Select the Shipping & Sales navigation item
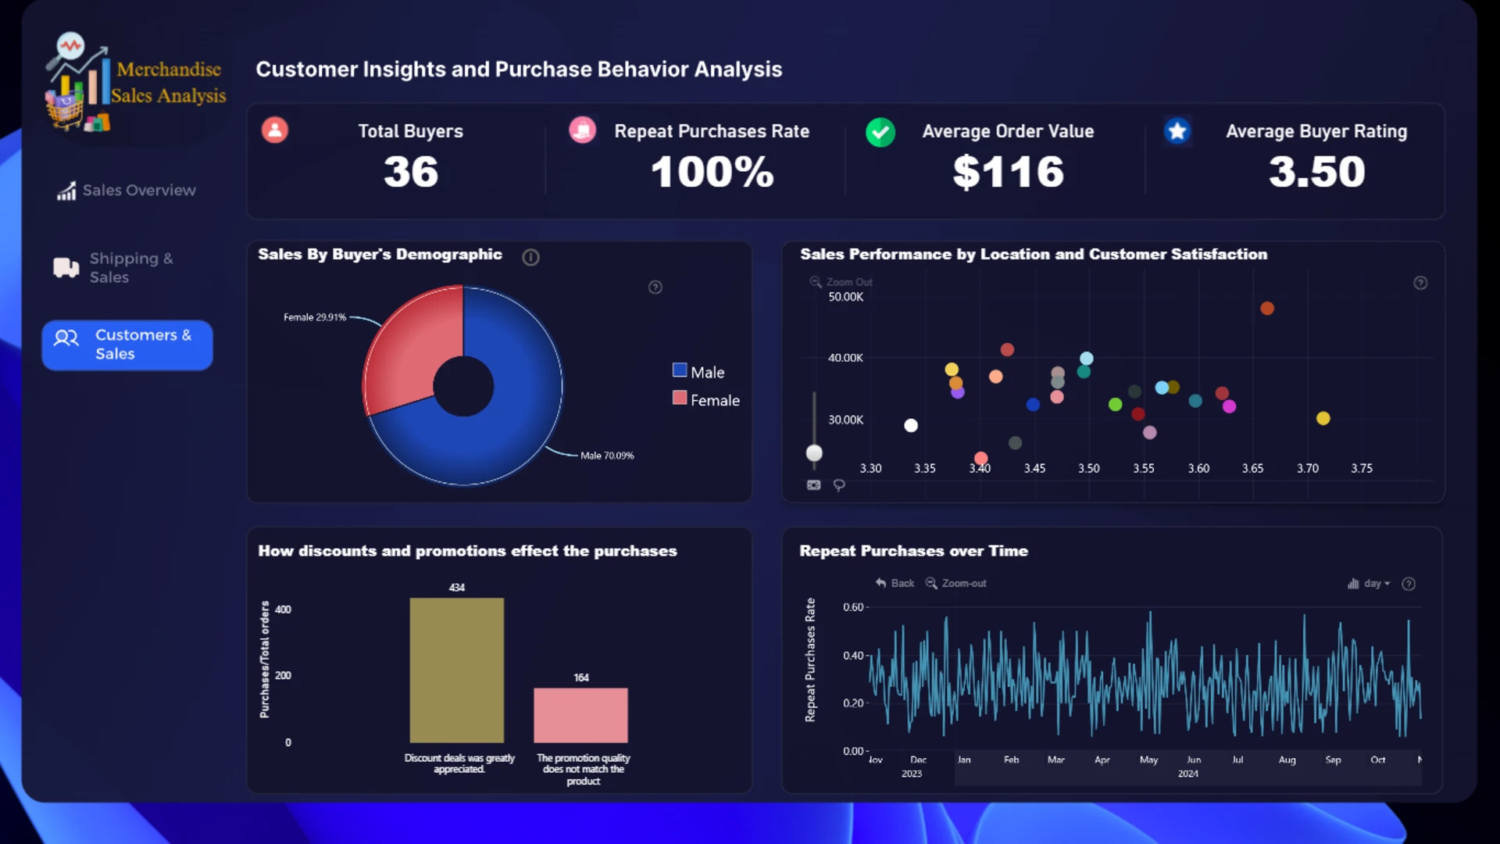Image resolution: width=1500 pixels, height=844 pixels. point(114,268)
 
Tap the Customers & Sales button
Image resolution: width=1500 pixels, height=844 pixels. point(127,345)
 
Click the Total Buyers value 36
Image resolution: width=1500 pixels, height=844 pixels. point(411,172)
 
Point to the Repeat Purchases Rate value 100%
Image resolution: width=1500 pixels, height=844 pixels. point(712,172)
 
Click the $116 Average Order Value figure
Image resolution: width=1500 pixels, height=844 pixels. point(1009,172)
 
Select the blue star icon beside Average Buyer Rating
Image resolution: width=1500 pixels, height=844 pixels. point(1177,131)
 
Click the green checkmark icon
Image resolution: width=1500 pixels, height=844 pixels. point(880,132)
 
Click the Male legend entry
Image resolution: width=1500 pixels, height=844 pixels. point(699,372)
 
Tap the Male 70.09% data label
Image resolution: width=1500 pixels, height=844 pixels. point(607,456)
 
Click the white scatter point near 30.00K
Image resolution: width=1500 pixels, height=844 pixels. point(911,425)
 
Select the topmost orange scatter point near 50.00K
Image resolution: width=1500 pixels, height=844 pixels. point(1267,309)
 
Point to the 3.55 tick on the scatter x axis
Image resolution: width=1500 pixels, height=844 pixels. point(1144,468)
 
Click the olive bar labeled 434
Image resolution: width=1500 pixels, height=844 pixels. point(457,670)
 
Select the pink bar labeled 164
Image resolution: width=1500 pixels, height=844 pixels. point(580,715)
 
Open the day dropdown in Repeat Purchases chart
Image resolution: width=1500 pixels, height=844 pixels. point(1369,584)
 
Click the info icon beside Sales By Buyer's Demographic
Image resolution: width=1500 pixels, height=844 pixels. point(530,257)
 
